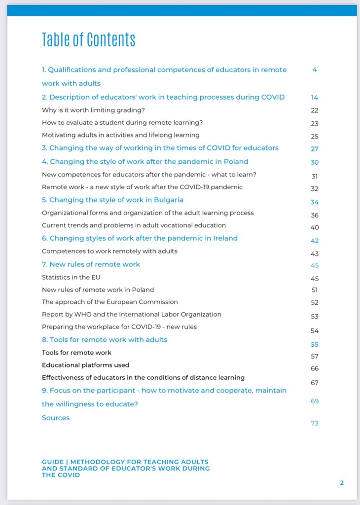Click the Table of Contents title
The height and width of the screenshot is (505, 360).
coord(88,39)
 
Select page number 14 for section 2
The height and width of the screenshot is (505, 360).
coord(315,98)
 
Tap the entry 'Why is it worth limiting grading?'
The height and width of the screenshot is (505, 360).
coord(93,109)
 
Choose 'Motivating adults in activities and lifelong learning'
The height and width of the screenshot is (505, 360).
coord(121,135)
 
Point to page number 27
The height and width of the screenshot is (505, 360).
coord(315,149)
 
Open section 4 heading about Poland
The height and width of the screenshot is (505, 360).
coord(145,162)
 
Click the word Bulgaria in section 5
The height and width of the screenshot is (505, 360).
coord(167,200)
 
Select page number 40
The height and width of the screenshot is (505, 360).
coord(315,227)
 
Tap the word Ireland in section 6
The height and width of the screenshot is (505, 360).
coord(224,238)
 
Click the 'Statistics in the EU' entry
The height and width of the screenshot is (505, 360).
coord(71,277)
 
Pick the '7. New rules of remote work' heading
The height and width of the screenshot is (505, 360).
coord(91,264)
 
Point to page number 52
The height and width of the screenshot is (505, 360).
coord(315,302)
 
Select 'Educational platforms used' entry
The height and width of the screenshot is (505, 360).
coord(85,365)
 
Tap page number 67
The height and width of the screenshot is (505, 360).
coord(315,383)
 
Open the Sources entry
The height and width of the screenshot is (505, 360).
coord(56,418)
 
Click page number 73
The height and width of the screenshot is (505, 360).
coord(315,423)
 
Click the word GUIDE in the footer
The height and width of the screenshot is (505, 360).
coord(53,462)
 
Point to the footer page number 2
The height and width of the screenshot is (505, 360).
coord(342,483)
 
